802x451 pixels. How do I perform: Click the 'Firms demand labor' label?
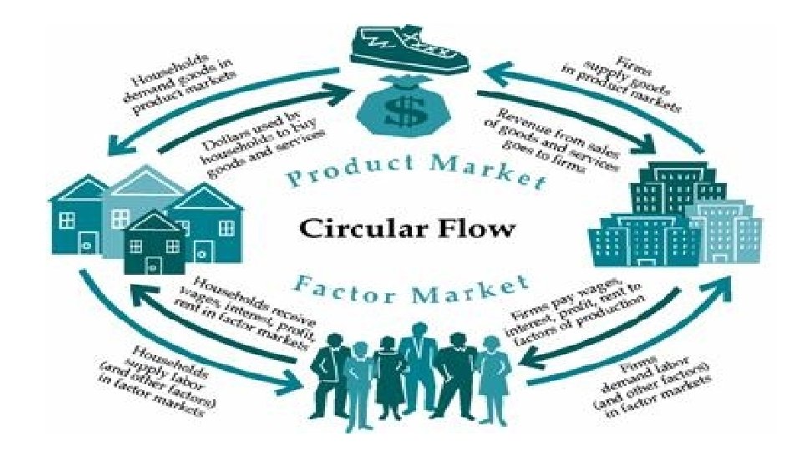(644, 381)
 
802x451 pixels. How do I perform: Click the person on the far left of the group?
(327, 372)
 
